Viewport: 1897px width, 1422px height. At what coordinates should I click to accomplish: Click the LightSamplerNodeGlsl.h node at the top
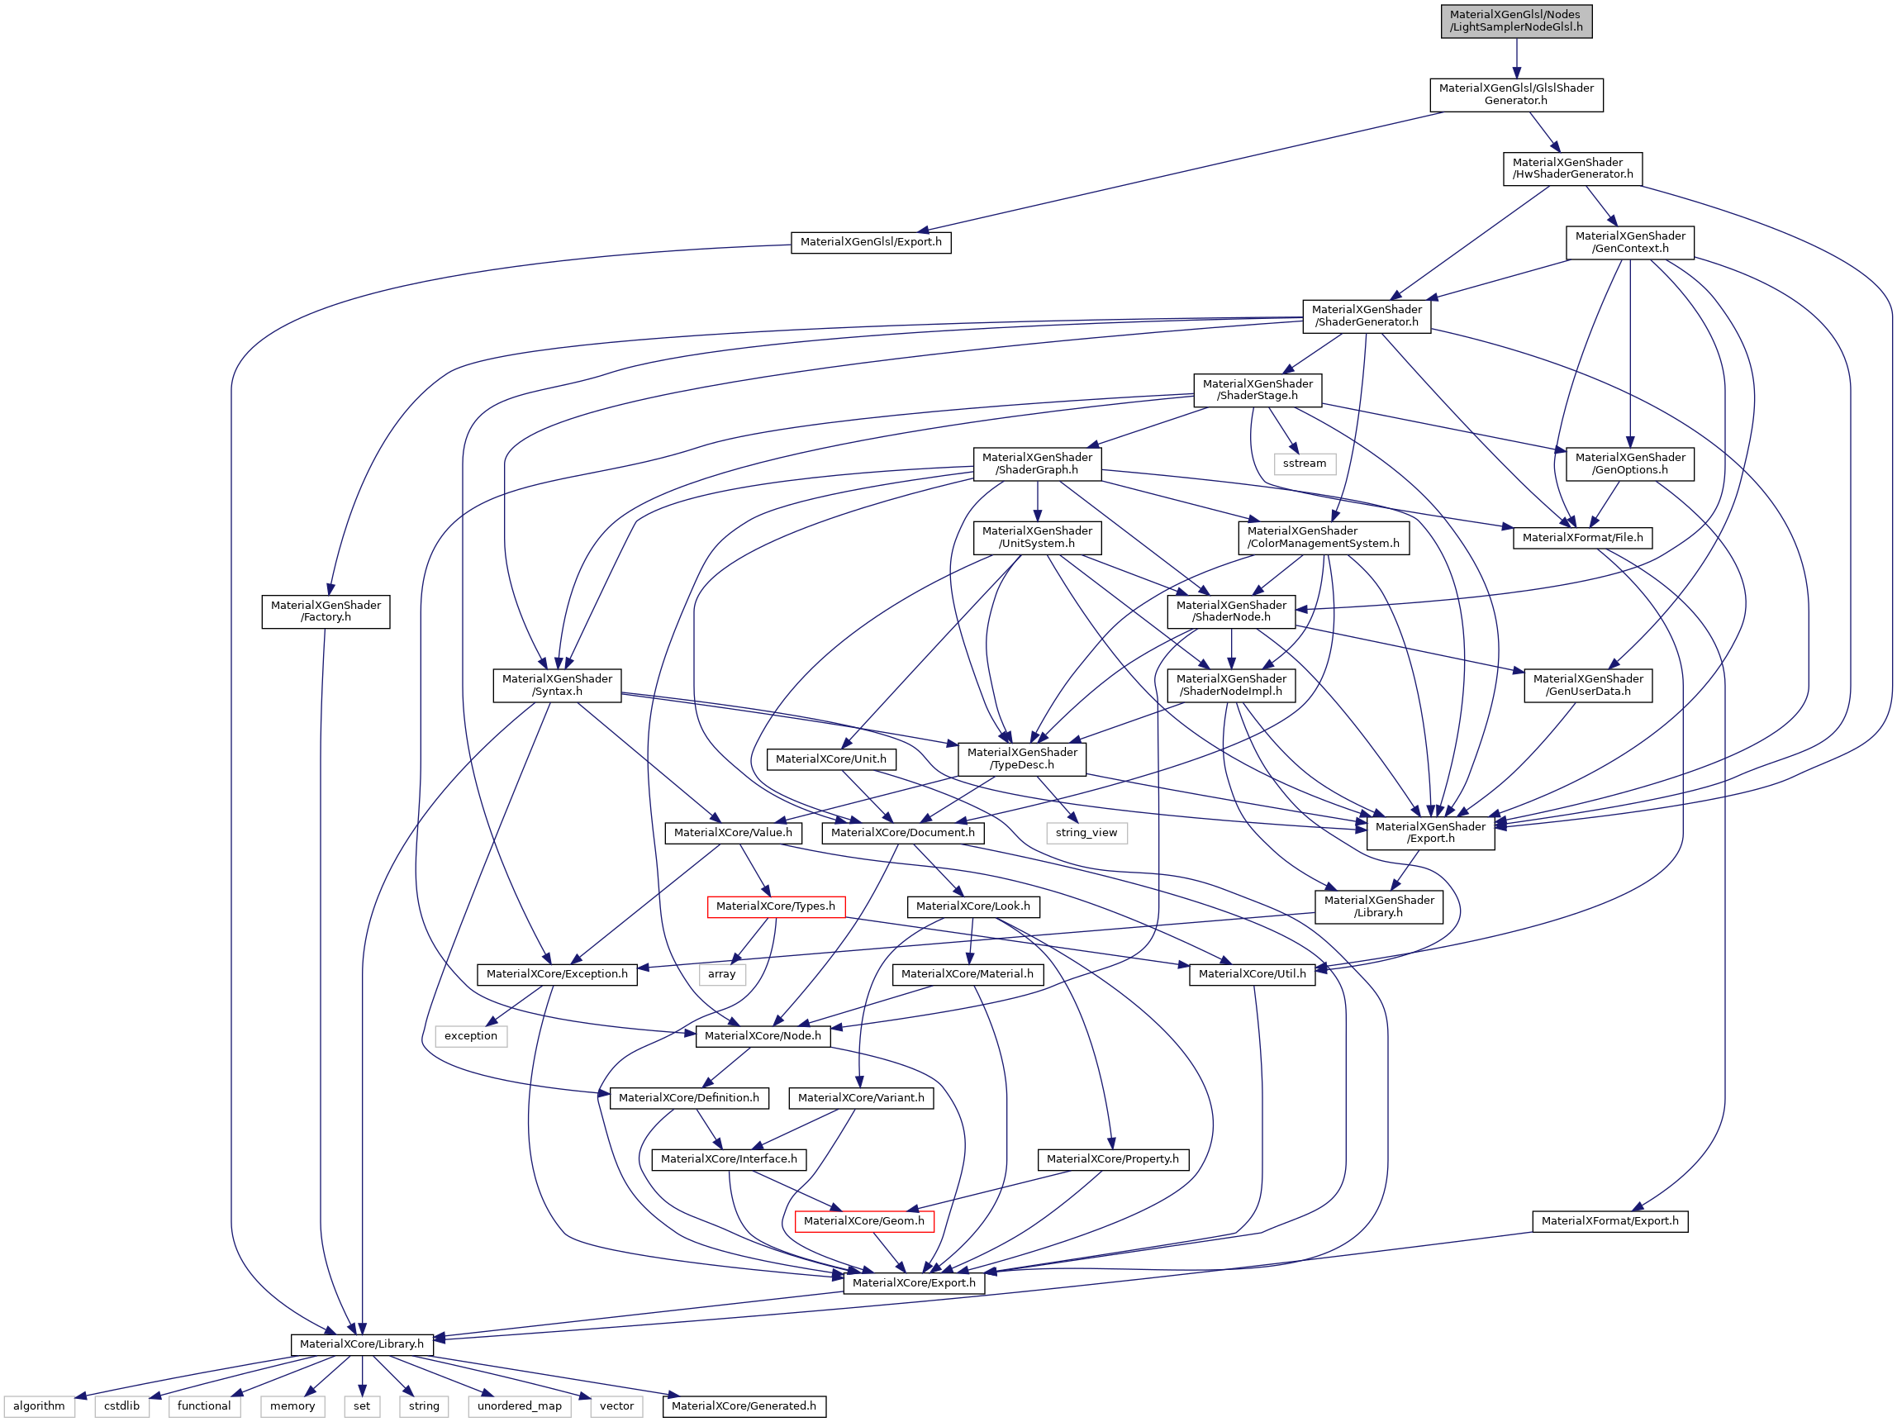(1515, 21)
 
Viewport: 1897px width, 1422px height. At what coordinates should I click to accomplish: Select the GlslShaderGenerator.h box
(1515, 94)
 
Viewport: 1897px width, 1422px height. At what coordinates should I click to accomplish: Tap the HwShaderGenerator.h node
(1572, 168)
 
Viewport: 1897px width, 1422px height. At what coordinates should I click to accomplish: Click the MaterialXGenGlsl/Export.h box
(871, 242)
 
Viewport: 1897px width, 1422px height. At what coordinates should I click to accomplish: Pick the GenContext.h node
(1629, 242)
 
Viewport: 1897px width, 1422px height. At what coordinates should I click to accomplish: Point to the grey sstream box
(1304, 464)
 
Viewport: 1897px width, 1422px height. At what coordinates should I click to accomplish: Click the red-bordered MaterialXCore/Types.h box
(775, 906)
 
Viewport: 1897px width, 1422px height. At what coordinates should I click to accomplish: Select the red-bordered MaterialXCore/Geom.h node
(863, 1220)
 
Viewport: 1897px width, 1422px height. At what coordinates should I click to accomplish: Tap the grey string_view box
(1086, 832)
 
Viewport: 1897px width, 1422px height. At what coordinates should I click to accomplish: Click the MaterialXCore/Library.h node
(361, 1344)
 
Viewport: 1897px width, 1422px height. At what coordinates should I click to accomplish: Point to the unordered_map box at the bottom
(519, 1405)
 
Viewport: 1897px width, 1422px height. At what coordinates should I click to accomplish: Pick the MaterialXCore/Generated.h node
(744, 1405)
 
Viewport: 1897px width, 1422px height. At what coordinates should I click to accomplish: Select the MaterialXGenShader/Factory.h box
(325, 611)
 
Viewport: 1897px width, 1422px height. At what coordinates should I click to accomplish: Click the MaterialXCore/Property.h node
(1112, 1158)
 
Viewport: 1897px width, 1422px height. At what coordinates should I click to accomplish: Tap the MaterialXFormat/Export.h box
(1609, 1220)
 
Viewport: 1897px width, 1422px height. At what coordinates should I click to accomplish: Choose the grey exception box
(470, 1035)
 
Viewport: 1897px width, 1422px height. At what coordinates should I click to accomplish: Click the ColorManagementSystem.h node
(1323, 537)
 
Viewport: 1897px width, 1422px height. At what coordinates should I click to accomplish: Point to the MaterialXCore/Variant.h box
(861, 1097)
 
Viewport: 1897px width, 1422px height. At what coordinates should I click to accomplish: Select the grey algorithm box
(39, 1405)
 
